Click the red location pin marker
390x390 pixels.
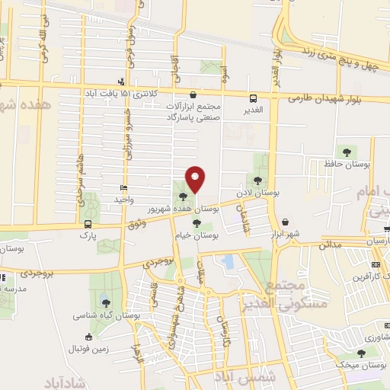point(196,178)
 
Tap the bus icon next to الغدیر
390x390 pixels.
point(254,97)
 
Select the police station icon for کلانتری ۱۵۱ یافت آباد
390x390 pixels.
point(120,82)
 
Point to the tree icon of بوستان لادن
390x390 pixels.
point(258,181)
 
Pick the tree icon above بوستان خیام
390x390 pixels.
point(197,223)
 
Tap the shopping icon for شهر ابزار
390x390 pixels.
point(284,222)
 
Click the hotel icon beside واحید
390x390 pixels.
point(124,187)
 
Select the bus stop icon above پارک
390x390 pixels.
point(89,224)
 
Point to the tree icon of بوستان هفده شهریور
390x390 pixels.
point(182,196)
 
